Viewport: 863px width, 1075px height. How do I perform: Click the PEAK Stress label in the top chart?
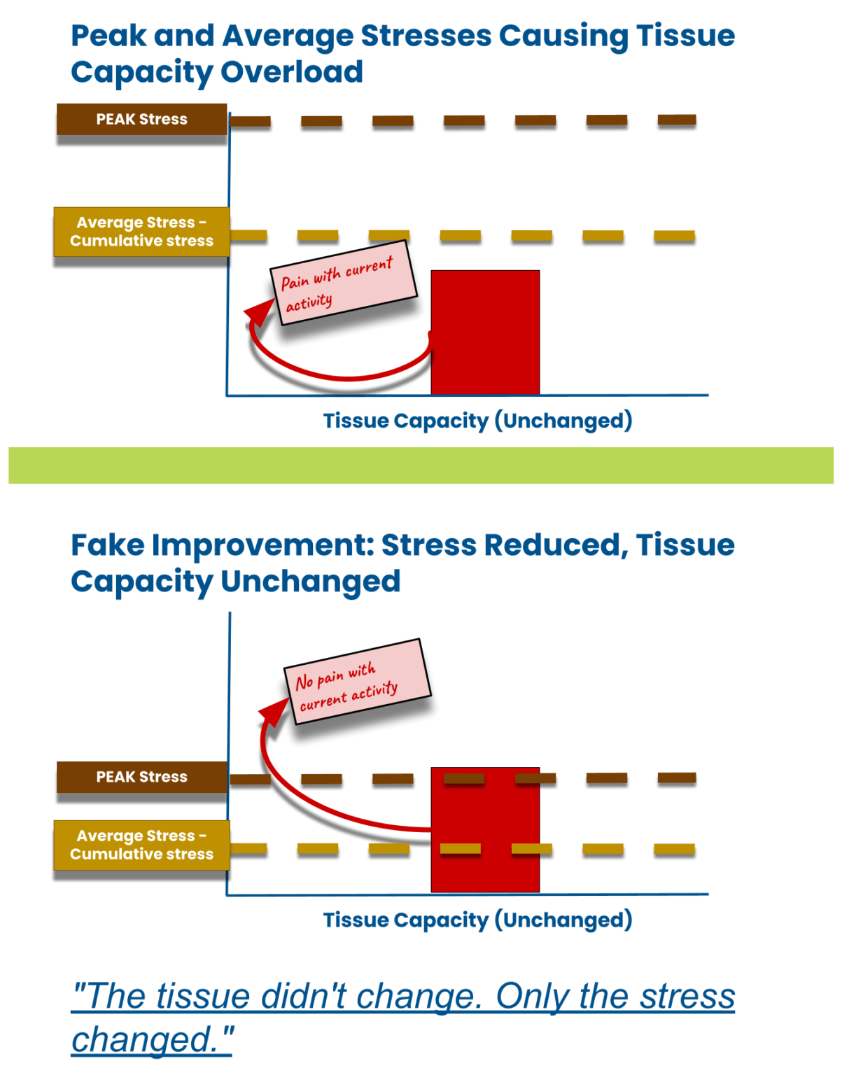[x=141, y=119]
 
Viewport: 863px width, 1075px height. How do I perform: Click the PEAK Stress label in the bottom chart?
[x=141, y=777]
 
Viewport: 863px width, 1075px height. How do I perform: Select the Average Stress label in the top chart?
[x=141, y=232]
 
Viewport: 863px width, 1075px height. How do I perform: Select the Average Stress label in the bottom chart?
[x=141, y=845]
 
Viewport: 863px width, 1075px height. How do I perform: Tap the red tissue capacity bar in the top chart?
[x=485, y=332]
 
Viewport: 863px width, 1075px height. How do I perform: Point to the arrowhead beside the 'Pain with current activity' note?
[x=260, y=313]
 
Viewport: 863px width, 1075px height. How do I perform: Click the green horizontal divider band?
[x=421, y=465]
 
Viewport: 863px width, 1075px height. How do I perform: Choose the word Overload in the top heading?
[x=291, y=72]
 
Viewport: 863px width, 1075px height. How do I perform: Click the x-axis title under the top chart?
[x=477, y=421]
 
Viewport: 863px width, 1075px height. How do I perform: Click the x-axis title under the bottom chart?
[x=477, y=920]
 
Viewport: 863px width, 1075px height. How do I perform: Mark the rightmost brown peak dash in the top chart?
[x=677, y=120]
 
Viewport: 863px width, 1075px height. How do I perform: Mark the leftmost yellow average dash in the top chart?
[x=248, y=235]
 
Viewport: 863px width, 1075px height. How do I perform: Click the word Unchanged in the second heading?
[x=310, y=582]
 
